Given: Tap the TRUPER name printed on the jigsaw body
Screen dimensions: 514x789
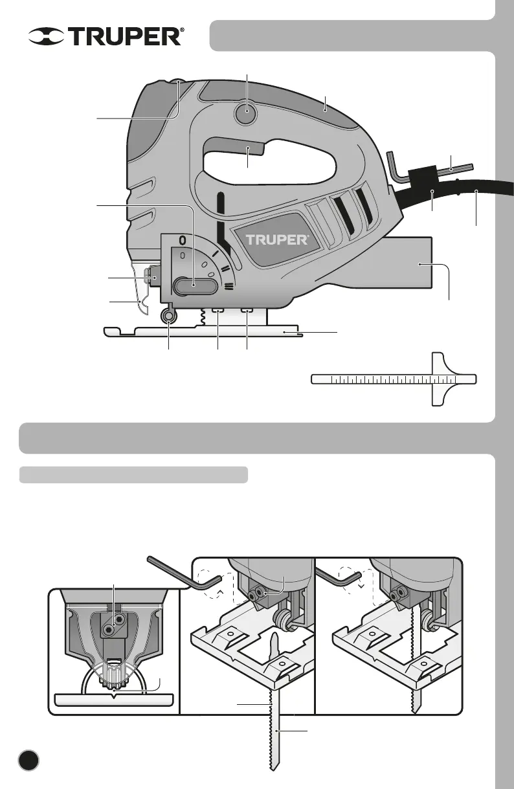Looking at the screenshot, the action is click(276, 239).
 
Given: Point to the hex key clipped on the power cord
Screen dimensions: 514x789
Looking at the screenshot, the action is click(427, 170).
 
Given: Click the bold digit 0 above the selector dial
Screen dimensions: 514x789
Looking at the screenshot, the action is click(183, 240).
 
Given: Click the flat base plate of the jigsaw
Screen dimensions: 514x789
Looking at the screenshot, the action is click(201, 332).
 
